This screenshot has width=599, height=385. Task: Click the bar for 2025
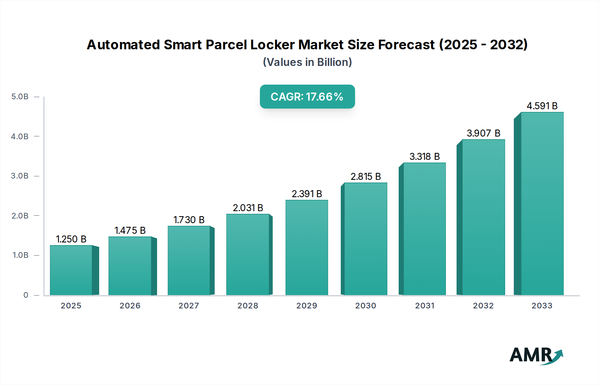pyautogui.click(x=71, y=270)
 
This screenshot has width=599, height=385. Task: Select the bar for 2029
pyautogui.click(x=307, y=247)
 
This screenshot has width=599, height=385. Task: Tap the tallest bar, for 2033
pyautogui.click(x=542, y=203)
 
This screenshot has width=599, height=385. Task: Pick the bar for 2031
pyautogui.click(x=424, y=229)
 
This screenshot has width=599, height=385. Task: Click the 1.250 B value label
pyautogui.click(x=71, y=239)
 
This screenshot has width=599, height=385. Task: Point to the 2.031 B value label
pyautogui.click(x=248, y=208)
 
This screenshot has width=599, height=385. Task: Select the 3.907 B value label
pyautogui.click(x=484, y=133)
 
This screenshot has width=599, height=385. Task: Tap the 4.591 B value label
pyautogui.click(x=542, y=106)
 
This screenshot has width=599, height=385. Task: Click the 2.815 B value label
pyautogui.click(x=366, y=177)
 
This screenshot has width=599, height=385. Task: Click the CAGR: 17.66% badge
pyautogui.click(x=307, y=97)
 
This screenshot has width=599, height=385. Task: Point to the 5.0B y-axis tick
pyautogui.click(x=20, y=97)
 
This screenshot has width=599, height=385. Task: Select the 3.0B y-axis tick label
pyautogui.click(x=20, y=176)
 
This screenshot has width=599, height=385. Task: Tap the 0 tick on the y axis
pyautogui.click(x=26, y=295)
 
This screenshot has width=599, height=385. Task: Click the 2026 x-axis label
pyautogui.click(x=130, y=306)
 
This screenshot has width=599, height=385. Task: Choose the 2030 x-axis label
pyautogui.click(x=366, y=306)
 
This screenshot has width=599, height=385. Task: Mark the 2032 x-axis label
pyautogui.click(x=484, y=306)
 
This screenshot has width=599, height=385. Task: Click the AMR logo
pyautogui.click(x=536, y=355)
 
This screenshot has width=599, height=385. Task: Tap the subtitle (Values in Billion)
pyautogui.click(x=307, y=62)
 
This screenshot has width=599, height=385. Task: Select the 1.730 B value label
pyautogui.click(x=189, y=220)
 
